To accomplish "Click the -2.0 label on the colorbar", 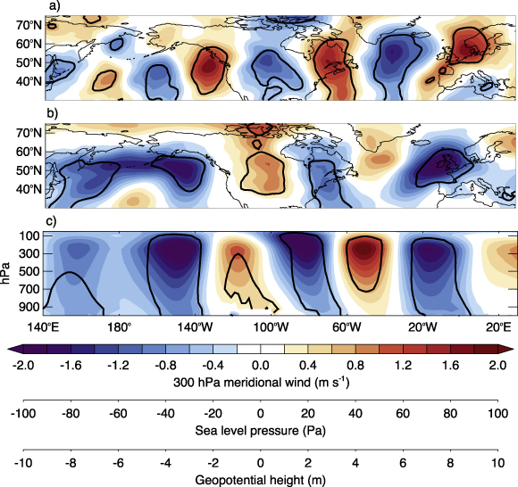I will pos(21,365).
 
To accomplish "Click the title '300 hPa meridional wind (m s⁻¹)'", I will pos(260,381).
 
